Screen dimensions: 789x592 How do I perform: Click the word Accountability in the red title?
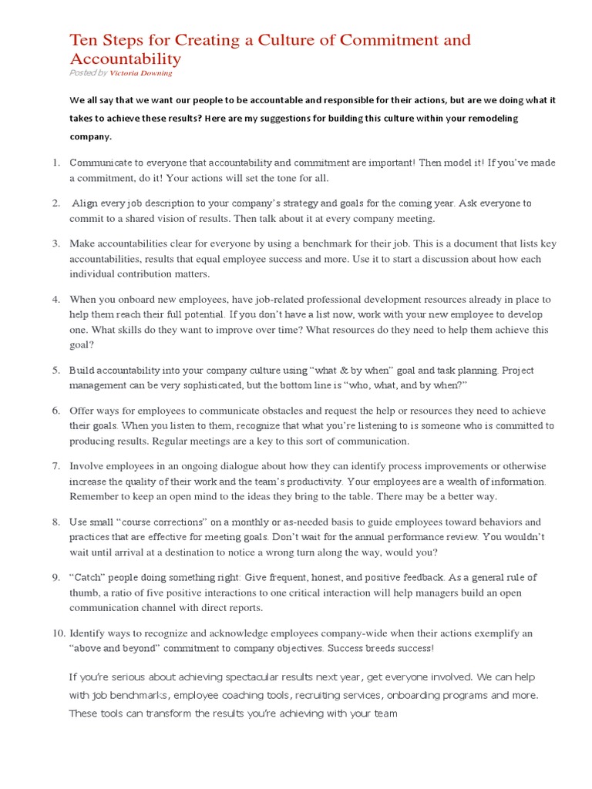point(126,59)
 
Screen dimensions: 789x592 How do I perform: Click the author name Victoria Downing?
point(141,73)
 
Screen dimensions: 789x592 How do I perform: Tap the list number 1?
point(55,163)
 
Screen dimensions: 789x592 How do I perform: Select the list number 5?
point(55,370)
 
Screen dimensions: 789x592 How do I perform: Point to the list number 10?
point(59,633)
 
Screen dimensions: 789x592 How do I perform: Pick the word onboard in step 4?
point(145,299)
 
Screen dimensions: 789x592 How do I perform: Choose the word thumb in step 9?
point(83,593)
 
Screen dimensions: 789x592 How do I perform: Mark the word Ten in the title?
point(84,40)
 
